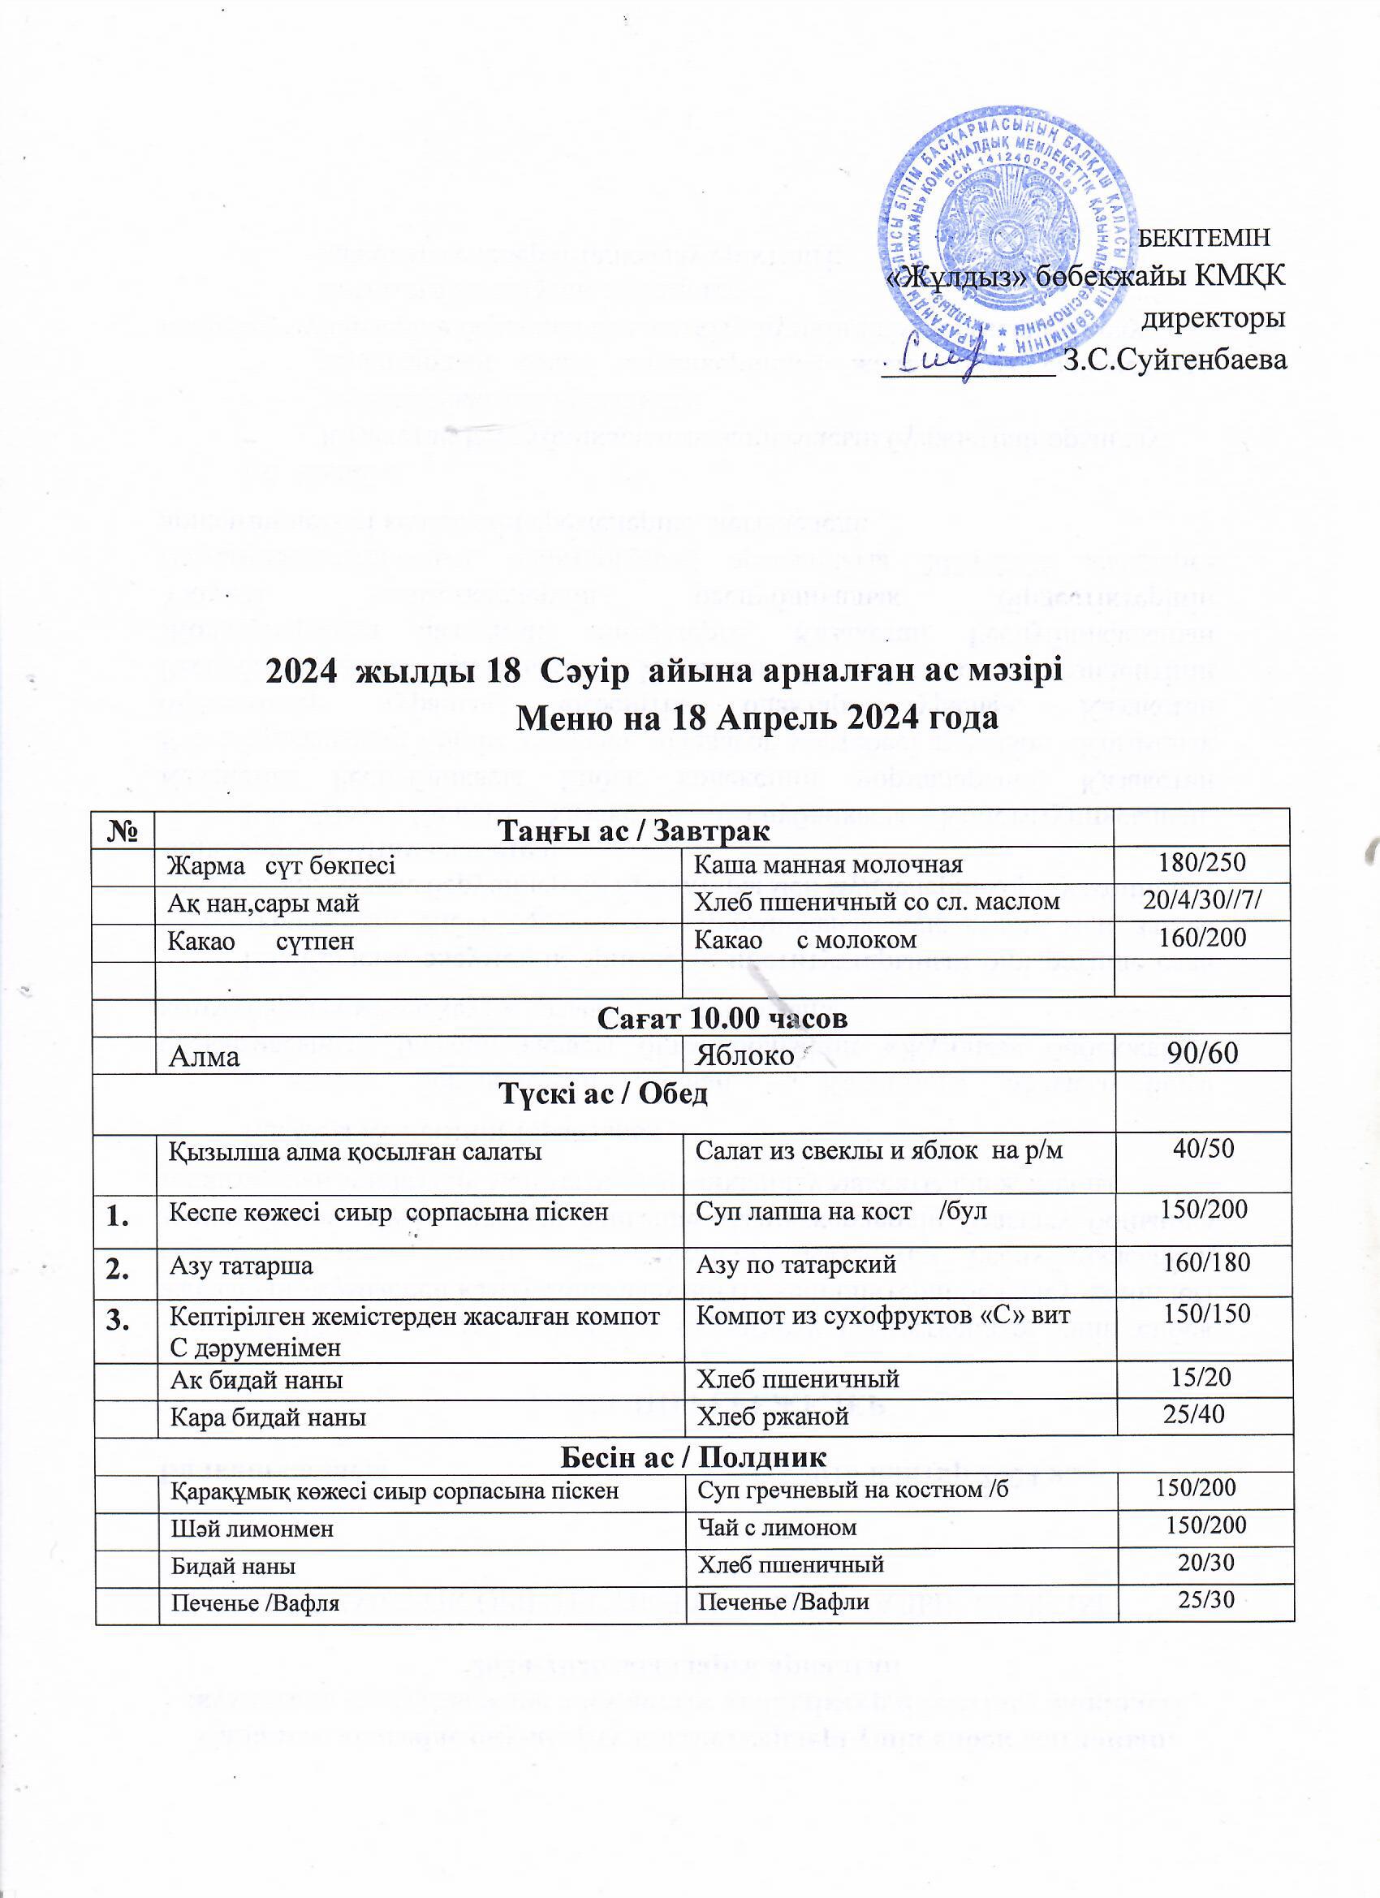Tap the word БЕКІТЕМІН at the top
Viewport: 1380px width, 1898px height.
point(1205,238)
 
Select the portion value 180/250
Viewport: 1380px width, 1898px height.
point(1203,864)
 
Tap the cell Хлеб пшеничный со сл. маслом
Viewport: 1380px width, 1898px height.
point(878,901)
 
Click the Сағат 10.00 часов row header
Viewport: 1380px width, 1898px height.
point(723,1019)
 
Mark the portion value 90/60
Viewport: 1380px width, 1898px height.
point(1203,1054)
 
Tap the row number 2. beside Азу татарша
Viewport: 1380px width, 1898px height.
point(124,1265)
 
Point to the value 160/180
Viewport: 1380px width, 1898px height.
point(1207,1262)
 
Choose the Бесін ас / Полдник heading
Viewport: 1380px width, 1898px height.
point(692,1457)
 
